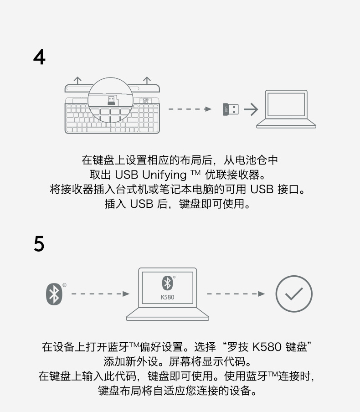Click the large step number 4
(40, 57)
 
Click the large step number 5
(39, 244)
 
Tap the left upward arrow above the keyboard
(78, 80)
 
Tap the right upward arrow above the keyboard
(147, 80)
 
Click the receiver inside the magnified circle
(111, 100)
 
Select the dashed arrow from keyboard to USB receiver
(190, 109)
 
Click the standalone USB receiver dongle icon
(231, 109)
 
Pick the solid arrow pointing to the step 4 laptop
(250, 109)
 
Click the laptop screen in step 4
(286, 104)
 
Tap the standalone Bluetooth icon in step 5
(54, 294)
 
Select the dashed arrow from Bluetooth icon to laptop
(100, 294)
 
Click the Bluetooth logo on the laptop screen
(167, 283)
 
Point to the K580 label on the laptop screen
(167, 297)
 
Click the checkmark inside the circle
(294, 294)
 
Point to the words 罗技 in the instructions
(237, 347)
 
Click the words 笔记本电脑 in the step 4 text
(198, 189)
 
